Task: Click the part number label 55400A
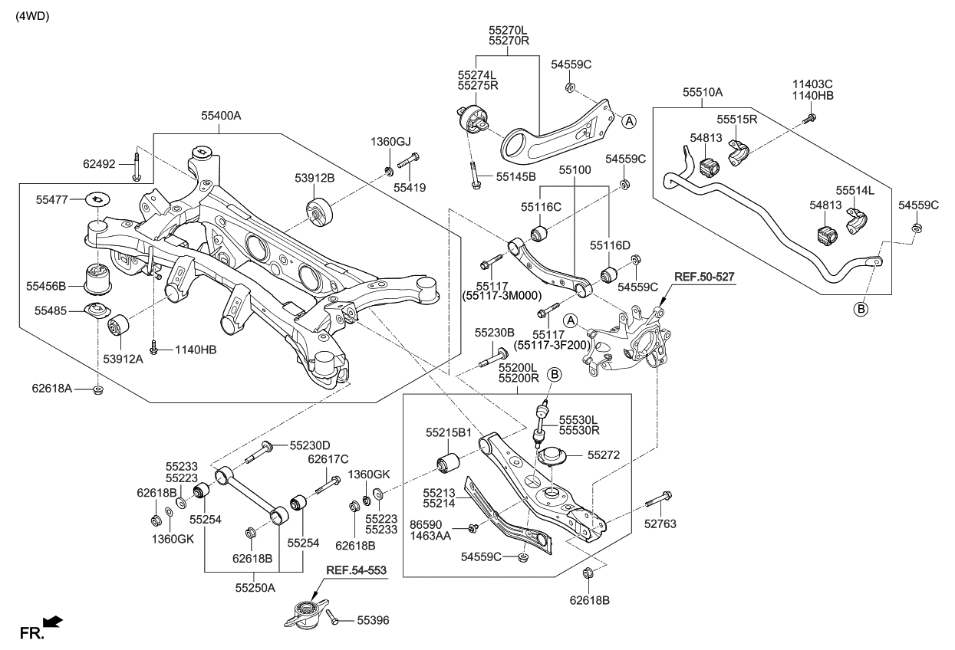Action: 221,116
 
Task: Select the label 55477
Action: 53,199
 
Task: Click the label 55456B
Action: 47,287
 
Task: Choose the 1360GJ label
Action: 391,142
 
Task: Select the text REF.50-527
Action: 704,275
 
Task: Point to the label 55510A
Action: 703,92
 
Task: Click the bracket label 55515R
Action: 737,120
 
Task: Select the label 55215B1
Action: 453,432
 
